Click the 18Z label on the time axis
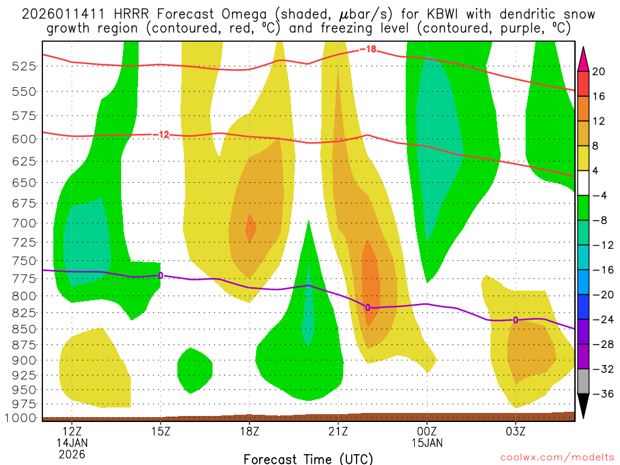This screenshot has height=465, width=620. [x=249, y=432]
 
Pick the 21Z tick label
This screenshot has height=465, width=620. [x=338, y=432]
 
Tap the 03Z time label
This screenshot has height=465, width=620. [x=515, y=432]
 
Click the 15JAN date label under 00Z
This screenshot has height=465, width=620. [x=427, y=443]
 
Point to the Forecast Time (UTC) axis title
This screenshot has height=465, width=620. [x=308, y=458]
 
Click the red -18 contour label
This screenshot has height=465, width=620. [x=368, y=49]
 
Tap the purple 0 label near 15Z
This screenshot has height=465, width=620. [x=160, y=275]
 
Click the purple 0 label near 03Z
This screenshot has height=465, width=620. [x=515, y=320]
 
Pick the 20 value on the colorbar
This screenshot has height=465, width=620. [x=599, y=71]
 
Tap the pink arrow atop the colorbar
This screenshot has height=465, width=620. [x=584, y=57]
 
